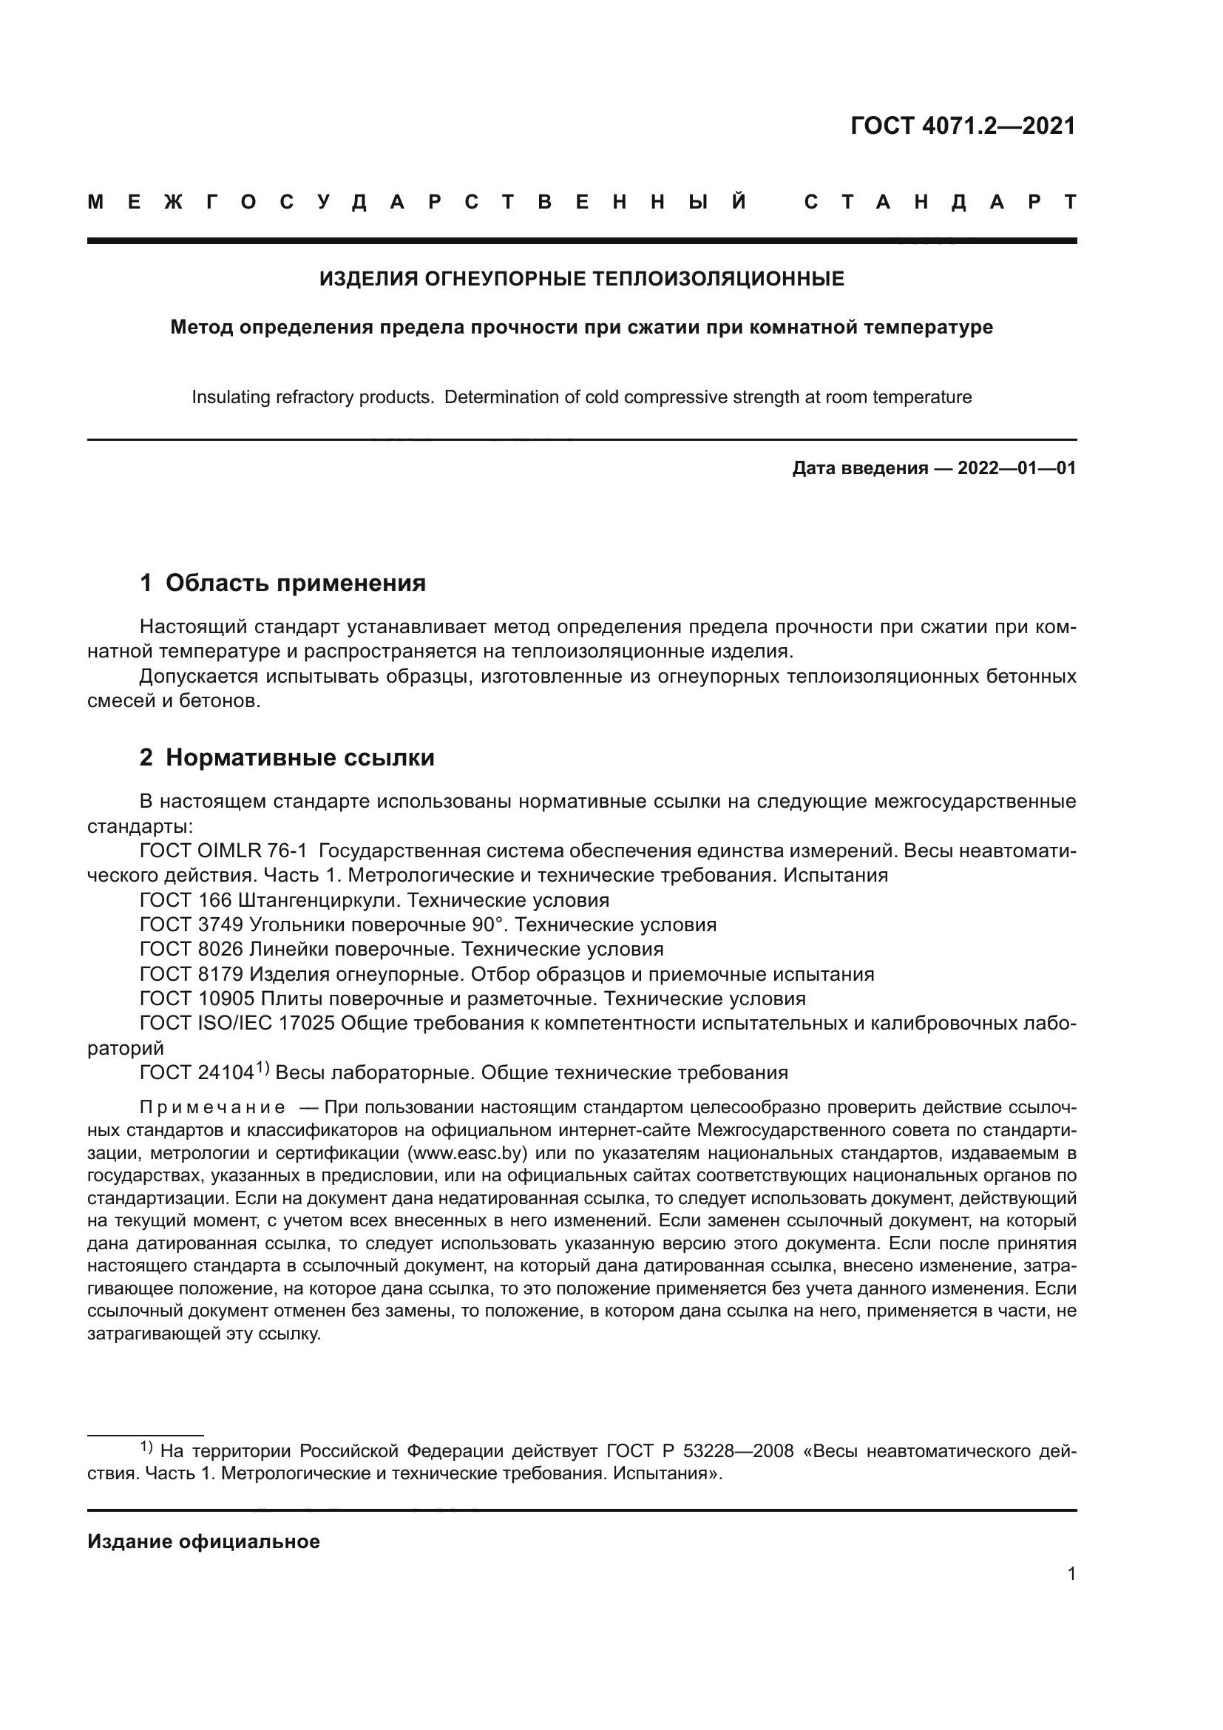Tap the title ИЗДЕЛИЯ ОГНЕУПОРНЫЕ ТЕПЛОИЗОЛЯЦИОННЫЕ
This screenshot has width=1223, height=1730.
coord(581,280)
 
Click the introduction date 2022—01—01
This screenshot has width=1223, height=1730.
coord(1016,469)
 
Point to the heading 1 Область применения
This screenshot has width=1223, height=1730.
coord(282,582)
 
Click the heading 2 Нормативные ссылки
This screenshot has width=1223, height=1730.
coord(287,757)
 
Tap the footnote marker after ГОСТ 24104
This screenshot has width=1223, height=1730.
coord(262,1068)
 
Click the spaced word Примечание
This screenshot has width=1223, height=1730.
coord(212,1108)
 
